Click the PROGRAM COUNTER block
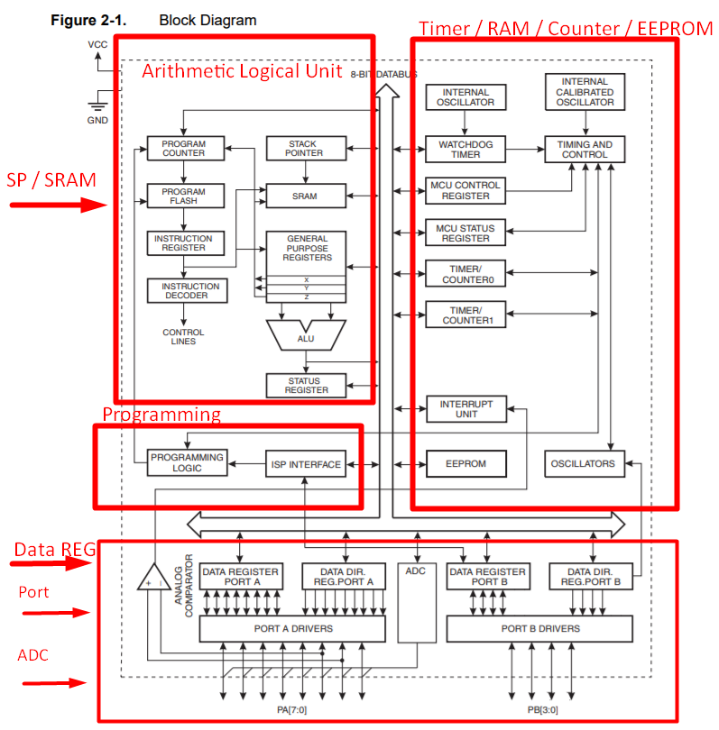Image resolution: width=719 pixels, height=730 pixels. pos(183,149)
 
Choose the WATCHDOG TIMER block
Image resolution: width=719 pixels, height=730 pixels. pos(466,149)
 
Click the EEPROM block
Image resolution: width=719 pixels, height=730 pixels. pos(466,464)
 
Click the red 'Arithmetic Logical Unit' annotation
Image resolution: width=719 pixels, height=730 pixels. pos(242,71)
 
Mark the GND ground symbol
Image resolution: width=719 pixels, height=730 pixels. pos(97,106)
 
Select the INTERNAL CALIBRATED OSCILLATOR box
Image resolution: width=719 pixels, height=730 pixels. pos(584,93)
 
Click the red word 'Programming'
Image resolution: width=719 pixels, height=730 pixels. pos(161,415)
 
